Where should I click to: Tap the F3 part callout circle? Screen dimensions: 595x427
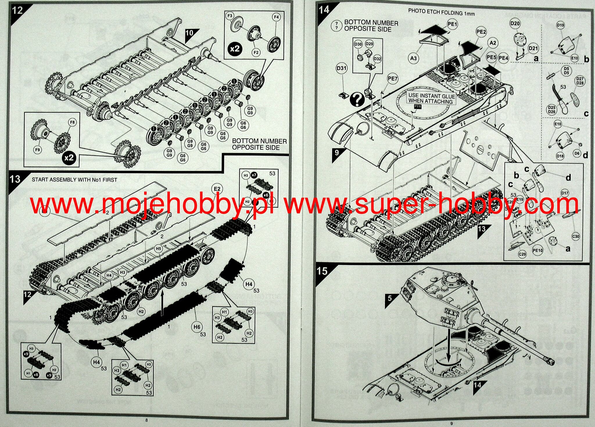tap(230, 16)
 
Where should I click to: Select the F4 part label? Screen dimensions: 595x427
tap(276, 17)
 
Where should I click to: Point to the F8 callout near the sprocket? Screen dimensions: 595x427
tap(72, 122)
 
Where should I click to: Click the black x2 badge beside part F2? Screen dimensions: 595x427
tap(235, 48)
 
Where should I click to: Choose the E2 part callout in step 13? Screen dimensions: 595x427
tap(217, 189)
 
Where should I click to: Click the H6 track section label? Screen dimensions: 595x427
tap(197, 327)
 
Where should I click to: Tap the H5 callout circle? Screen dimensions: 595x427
tap(158, 249)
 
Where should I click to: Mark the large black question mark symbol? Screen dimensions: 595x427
tap(357, 99)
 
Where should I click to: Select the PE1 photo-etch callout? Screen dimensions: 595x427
tap(452, 24)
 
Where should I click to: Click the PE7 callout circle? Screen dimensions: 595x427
tap(392, 79)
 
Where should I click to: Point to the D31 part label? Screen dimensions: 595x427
tap(341, 69)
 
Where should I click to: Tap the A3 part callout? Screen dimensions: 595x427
tap(413, 58)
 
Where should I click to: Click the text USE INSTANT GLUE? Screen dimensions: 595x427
tap(431, 96)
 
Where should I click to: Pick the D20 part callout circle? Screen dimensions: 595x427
tap(515, 24)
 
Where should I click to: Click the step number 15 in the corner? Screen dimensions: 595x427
tap(322, 271)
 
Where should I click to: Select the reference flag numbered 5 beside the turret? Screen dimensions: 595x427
tap(390, 298)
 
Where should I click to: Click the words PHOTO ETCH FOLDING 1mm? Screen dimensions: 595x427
tap(441, 12)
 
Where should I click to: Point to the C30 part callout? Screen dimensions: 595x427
tap(576, 236)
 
